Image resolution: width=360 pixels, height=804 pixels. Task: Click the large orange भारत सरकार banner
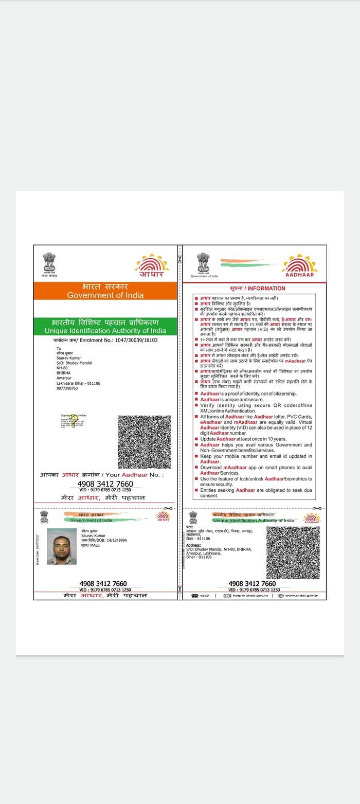(x=105, y=291)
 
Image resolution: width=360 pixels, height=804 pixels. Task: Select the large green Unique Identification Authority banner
(x=105, y=326)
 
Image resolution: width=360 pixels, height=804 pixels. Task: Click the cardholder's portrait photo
(x=62, y=546)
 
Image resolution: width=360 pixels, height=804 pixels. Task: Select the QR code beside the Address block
(x=293, y=552)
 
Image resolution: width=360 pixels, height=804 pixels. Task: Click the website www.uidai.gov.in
(x=301, y=596)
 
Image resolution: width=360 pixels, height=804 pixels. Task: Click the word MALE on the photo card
(x=95, y=545)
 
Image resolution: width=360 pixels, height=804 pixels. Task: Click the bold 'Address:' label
(x=193, y=545)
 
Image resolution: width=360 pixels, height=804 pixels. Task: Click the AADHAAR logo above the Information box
(x=299, y=266)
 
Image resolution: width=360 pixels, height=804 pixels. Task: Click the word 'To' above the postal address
(x=59, y=348)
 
